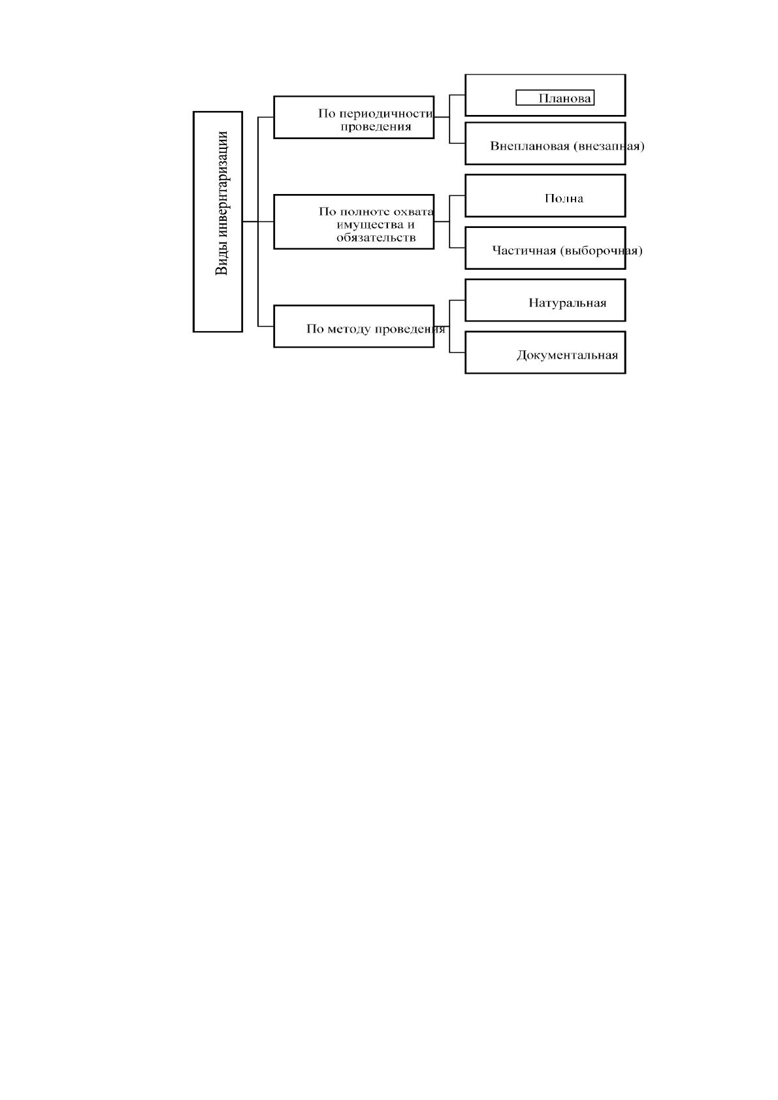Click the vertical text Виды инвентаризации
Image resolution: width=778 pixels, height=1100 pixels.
click(222, 202)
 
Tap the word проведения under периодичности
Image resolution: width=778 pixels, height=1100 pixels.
click(376, 127)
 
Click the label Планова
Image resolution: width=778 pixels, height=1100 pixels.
click(565, 99)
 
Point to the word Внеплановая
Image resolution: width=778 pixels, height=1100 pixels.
click(530, 146)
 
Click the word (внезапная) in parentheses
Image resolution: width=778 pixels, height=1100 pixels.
click(609, 146)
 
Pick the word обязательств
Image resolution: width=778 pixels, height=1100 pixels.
click(376, 238)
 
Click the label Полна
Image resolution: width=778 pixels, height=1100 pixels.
click(564, 199)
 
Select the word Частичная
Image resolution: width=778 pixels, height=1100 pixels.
click(524, 251)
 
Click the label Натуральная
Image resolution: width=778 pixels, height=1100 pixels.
click(567, 303)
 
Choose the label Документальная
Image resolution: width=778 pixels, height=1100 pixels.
click(567, 355)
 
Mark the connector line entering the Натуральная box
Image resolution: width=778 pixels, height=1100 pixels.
click(457, 300)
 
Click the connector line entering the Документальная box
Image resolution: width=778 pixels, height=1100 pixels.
click(457, 352)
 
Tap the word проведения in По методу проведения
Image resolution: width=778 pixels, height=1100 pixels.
click(410, 329)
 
